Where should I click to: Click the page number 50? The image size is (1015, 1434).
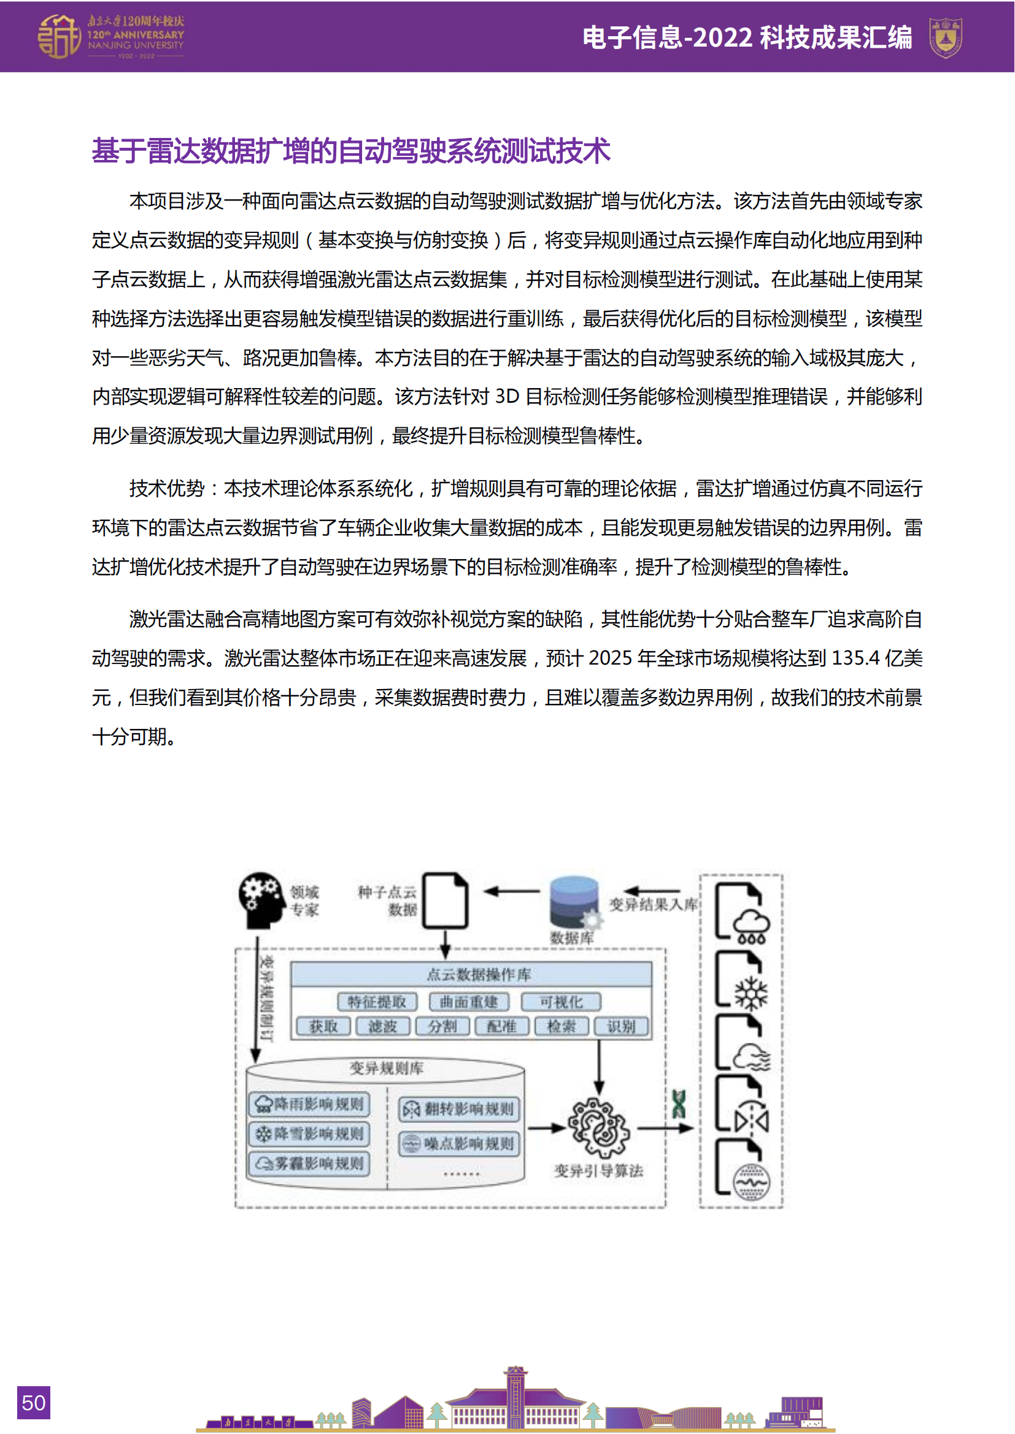click(33, 1402)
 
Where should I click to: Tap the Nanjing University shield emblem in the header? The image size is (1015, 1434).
click(945, 37)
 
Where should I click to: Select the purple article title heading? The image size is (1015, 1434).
click(350, 151)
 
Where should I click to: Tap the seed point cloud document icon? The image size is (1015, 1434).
click(445, 900)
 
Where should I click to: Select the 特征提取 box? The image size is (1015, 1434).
click(377, 1002)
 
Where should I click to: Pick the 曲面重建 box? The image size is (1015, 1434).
click(469, 1002)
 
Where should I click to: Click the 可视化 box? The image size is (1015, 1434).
click(562, 1002)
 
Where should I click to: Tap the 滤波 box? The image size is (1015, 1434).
click(382, 1026)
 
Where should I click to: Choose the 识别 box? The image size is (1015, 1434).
click(621, 1026)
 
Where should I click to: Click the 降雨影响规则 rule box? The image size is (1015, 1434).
click(310, 1104)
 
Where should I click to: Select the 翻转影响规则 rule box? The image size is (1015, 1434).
click(460, 1109)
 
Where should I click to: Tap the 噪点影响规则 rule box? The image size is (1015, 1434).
click(460, 1143)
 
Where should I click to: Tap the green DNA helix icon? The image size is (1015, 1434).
click(679, 1104)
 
